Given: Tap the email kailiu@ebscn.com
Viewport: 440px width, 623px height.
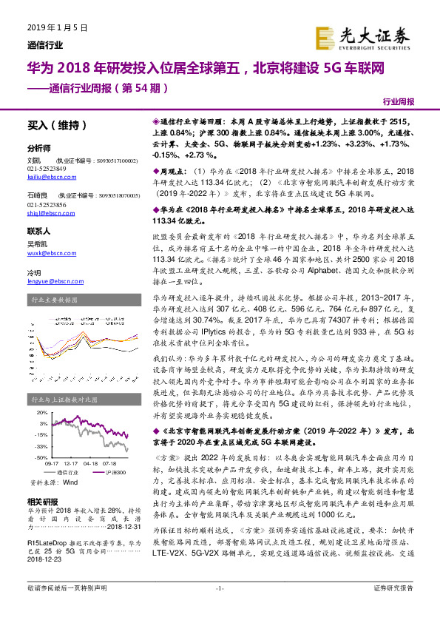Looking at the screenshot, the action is pyautogui.click(x=47, y=178).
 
